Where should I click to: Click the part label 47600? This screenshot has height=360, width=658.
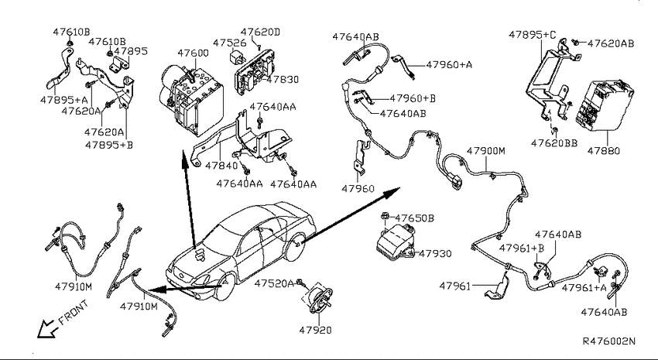point(193,53)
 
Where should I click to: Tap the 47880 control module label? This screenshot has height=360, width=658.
point(604,151)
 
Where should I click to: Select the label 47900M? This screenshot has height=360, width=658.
point(486,151)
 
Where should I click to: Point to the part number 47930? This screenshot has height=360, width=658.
point(436,253)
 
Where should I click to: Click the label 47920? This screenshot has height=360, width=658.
point(315,331)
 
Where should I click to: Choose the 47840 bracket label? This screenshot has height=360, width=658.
point(221,166)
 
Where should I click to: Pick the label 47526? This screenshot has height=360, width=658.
point(229,43)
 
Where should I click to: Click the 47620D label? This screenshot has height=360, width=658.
point(260,32)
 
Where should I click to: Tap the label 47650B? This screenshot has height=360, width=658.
point(415,218)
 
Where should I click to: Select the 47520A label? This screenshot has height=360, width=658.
point(274,283)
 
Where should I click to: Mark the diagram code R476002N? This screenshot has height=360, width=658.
point(609,341)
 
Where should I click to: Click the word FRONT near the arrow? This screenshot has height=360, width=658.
point(74,313)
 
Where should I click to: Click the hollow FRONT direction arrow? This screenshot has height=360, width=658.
point(47,328)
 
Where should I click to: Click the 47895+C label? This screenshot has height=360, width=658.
point(532,34)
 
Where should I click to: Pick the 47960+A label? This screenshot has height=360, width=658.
point(449,64)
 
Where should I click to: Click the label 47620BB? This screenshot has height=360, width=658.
point(554,143)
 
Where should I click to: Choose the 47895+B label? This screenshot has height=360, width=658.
point(108,145)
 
